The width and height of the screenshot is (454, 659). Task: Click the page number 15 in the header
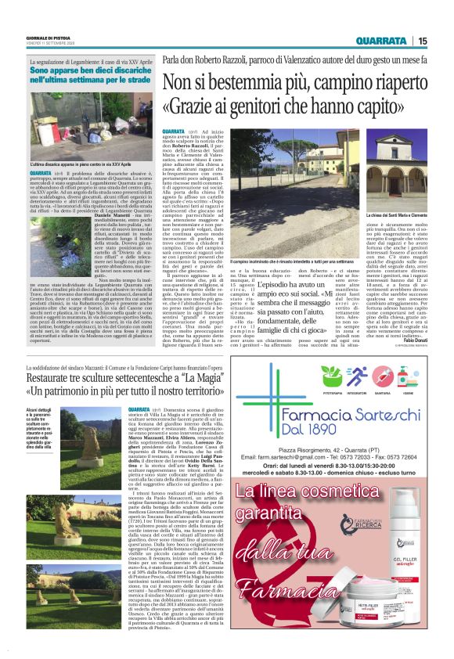[423, 41]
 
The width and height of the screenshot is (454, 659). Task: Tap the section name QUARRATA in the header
[380, 41]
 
